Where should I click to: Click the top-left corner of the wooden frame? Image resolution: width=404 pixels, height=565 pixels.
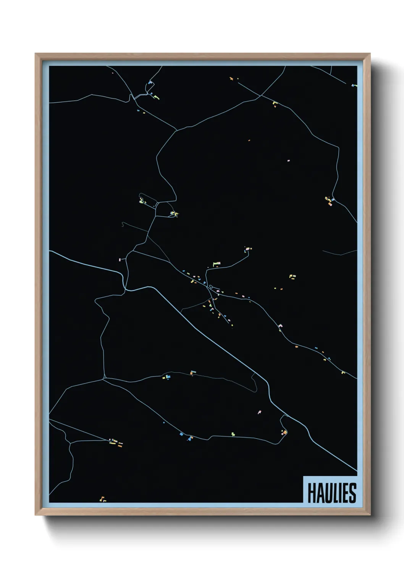tap(36, 54)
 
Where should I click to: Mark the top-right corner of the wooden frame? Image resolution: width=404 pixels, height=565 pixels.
tap(370, 54)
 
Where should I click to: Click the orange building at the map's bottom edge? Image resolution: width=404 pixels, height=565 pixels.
tap(102, 499)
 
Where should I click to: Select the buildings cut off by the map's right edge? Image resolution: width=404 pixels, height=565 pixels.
tap(355, 86)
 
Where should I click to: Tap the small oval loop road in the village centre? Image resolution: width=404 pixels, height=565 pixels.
tap(211, 287)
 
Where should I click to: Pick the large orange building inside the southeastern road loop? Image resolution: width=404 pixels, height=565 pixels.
tap(284, 432)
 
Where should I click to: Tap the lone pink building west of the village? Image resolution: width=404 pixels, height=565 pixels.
tap(120, 260)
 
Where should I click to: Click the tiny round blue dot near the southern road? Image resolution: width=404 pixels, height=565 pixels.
tap(164, 423)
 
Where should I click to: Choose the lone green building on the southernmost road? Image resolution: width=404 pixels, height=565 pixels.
tap(233, 434)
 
